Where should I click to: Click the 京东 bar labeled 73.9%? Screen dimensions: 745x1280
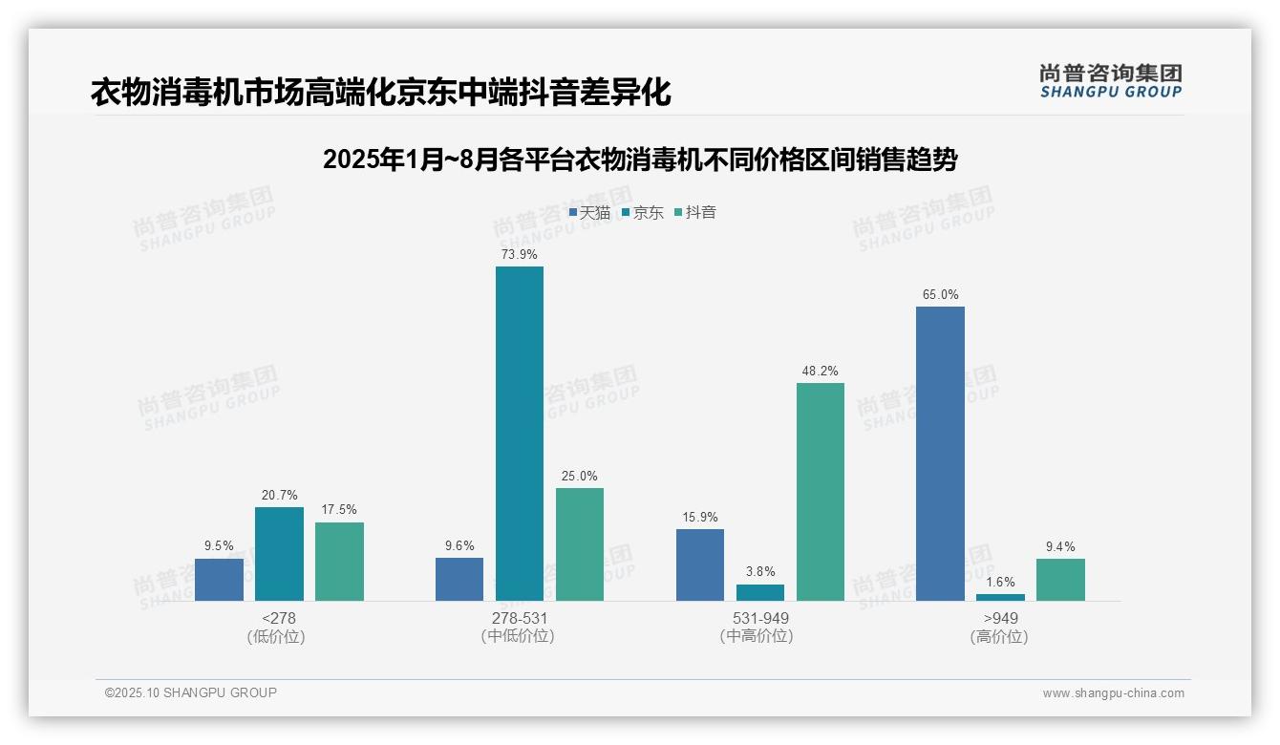point(519,434)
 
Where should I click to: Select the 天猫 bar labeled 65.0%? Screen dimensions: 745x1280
point(940,454)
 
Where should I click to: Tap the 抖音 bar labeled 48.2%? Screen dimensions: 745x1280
point(821,492)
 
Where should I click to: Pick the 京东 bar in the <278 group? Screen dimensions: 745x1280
point(279,554)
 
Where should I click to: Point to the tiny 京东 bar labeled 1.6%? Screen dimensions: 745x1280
point(1000,597)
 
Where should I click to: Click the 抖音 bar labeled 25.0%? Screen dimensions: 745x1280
point(580,544)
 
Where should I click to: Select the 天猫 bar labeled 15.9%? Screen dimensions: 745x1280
point(700,564)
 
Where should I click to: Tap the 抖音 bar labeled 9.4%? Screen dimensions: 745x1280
point(1060,580)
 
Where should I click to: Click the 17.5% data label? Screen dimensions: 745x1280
point(339,510)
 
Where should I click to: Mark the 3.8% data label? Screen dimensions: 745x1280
point(760,572)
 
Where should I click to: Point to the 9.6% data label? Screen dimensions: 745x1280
point(459,546)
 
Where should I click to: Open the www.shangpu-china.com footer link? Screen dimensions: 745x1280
point(1113,693)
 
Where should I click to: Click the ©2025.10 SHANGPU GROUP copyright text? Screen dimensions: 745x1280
point(191,692)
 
